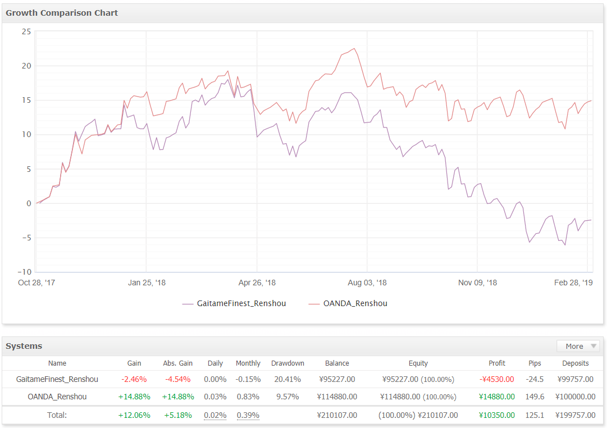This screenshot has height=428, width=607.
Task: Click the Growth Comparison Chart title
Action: click(x=62, y=13)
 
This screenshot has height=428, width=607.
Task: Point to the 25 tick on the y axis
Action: click(x=26, y=31)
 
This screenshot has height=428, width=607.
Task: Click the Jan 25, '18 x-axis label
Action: click(x=147, y=283)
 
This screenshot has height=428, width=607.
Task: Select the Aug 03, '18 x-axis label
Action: click(x=367, y=283)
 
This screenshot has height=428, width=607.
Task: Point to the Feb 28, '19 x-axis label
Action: click(x=573, y=283)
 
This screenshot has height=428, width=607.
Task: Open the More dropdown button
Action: click(x=578, y=346)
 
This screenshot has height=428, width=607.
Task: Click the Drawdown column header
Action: click(x=287, y=363)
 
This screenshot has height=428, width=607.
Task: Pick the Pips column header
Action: click(x=535, y=363)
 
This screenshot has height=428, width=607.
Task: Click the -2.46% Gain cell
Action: click(x=134, y=379)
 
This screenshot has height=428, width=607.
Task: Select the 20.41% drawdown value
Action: click(x=287, y=379)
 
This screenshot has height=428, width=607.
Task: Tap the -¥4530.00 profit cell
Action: click(x=497, y=379)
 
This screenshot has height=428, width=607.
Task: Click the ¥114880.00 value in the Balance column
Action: click(x=337, y=397)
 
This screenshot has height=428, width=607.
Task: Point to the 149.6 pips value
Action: click(x=535, y=397)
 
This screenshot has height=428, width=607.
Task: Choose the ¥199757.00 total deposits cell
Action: click(x=575, y=415)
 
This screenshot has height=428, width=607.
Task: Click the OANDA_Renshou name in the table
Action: click(x=57, y=397)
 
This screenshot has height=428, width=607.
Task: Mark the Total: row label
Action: click(x=57, y=415)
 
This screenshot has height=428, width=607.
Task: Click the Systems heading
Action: click(x=24, y=346)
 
